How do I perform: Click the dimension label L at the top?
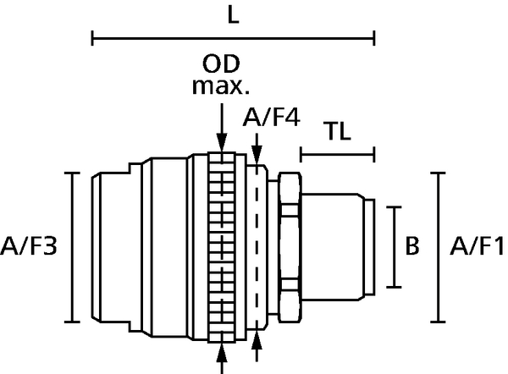point(234,15)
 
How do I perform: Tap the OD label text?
point(221,63)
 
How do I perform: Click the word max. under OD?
point(221,86)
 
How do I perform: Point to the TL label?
point(339,131)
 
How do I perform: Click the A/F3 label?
point(29,245)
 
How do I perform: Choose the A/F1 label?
point(477,246)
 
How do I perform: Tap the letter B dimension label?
point(412,245)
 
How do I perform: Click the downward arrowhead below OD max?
point(222,142)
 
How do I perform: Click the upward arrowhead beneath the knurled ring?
point(222,352)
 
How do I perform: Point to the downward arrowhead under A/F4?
point(257,156)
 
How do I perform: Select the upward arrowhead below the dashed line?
point(257,339)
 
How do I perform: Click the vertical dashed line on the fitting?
point(257,247)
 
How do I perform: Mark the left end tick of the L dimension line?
point(92,38)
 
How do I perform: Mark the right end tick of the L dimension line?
point(374,38)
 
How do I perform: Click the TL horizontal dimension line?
point(338,155)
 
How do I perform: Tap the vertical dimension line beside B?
point(394,247)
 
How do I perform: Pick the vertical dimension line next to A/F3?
point(72,248)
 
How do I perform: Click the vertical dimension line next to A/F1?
point(439,248)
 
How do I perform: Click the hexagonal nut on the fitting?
point(290,248)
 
